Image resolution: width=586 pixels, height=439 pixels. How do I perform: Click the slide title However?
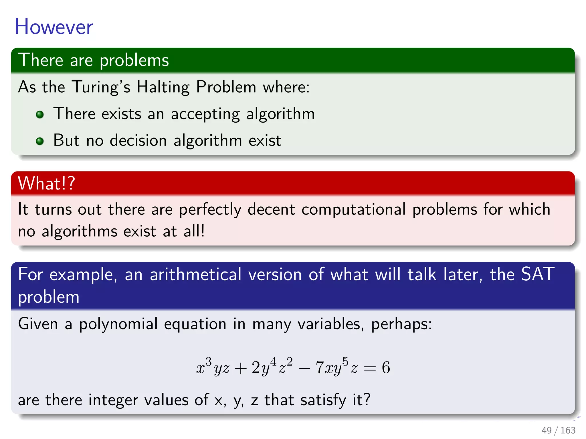(x=54, y=27)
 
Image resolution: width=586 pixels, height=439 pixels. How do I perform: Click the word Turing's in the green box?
(x=101, y=87)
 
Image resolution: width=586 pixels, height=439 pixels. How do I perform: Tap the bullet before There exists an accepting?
(x=40, y=115)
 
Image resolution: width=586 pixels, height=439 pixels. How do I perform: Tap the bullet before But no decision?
(x=40, y=141)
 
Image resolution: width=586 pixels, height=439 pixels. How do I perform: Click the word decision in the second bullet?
(x=138, y=141)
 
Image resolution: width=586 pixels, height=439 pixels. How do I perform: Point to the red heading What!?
(x=46, y=183)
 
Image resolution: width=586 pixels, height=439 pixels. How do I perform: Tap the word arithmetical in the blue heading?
(x=196, y=275)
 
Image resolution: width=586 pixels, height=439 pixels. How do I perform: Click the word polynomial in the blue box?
(x=118, y=324)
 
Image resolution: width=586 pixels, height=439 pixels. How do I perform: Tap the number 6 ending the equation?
(x=386, y=368)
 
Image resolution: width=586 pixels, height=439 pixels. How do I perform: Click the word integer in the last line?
(x=113, y=400)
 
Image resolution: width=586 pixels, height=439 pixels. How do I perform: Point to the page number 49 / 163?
(x=558, y=430)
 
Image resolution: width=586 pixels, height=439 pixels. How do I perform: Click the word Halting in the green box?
(x=163, y=87)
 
